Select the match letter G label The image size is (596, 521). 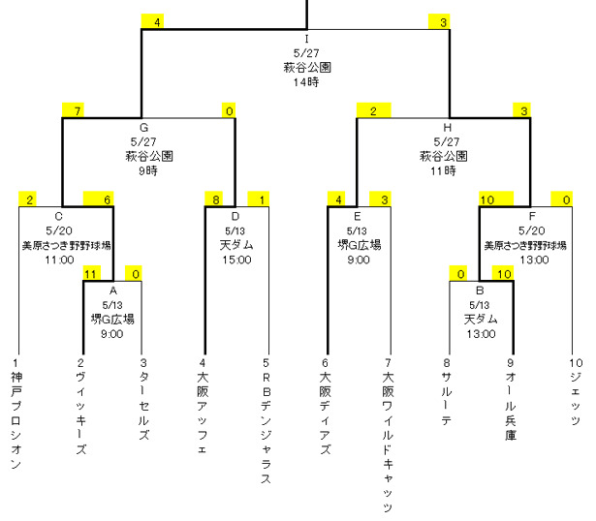click(x=142, y=126)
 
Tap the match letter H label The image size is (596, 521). click(x=446, y=126)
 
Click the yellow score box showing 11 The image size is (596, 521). click(x=92, y=273)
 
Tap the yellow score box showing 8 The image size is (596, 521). click(x=214, y=199)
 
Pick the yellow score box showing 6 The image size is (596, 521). click(x=107, y=199)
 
